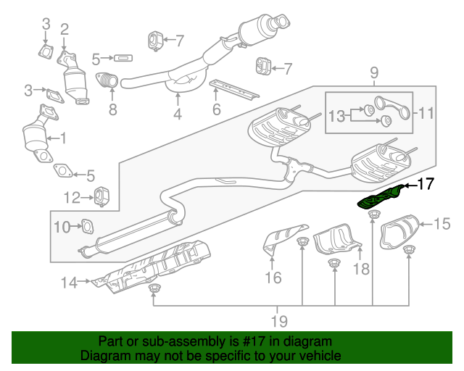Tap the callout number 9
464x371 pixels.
click(374, 72)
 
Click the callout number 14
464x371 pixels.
click(68, 283)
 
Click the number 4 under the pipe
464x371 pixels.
click(178, 114)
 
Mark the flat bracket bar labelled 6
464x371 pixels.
click(233, 90)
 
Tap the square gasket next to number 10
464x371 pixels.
click(86, 227)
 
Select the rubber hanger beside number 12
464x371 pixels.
click(102, 196)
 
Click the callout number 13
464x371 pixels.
click(337, 117)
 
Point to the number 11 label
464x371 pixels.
click(425, 112)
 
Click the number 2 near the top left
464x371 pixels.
click(65, 29)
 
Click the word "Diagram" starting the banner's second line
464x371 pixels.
click(103, 356)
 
